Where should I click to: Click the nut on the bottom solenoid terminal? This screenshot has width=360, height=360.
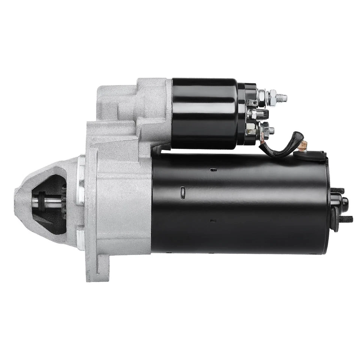(267, 130)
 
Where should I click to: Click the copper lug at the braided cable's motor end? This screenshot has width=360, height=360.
(303, 145)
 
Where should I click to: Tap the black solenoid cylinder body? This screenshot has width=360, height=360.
(204, 112)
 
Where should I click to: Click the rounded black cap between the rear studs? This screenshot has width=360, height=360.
(343, 204)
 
